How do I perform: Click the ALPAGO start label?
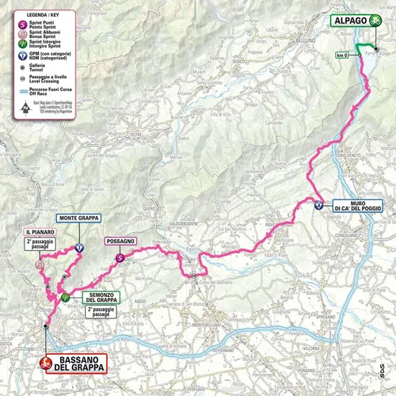coord(347,23)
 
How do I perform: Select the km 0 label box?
coord(342,55)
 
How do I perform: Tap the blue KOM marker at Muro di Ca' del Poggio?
coord(318,204)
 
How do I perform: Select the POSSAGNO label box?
coord(123,241)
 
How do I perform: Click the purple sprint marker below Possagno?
coord(119,257)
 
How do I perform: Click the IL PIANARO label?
coord(40,231)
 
